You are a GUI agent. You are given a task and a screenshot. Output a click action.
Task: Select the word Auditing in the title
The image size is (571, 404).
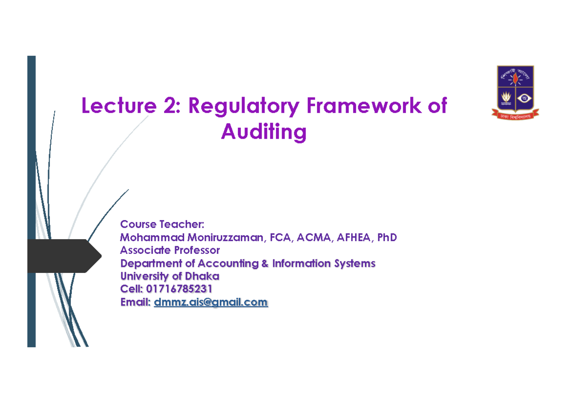(x=264, y=131)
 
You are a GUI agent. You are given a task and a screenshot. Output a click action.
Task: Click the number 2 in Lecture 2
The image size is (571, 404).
(x=168, y=106)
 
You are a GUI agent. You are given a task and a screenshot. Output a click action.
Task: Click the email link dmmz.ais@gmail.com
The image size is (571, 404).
(x=211, y=302)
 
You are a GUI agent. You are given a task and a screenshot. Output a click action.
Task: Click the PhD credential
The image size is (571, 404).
(x=387, y=237)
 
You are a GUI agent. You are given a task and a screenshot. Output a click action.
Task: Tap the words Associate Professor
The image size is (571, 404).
(x=170, y=250)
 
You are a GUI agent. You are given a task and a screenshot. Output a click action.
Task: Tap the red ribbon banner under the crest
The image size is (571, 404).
(x=515, y=113)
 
